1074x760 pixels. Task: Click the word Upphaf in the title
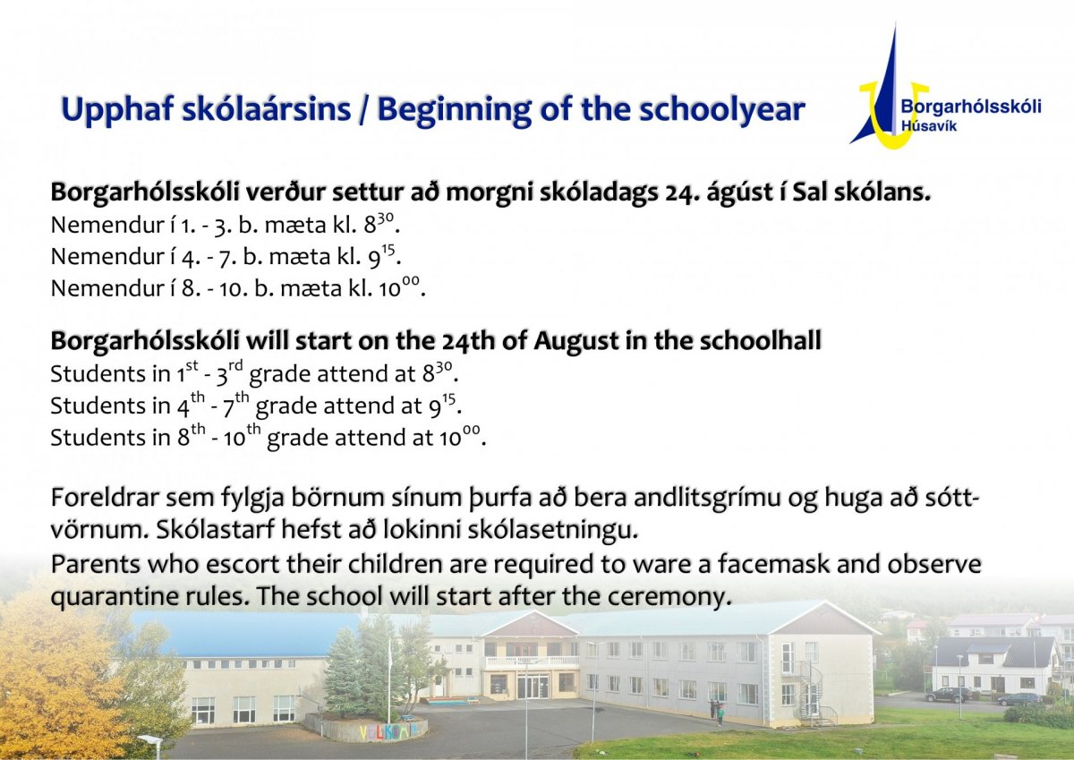coord(117,110)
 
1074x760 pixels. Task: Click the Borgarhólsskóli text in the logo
coord(971,106)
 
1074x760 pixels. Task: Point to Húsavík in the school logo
coord(929,126)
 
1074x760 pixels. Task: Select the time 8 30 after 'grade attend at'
coord(438,373)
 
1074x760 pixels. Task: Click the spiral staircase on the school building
coord(811,694)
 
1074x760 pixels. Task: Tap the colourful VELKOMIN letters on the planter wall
coord(384,731)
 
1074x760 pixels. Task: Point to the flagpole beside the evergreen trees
coord(388,681)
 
